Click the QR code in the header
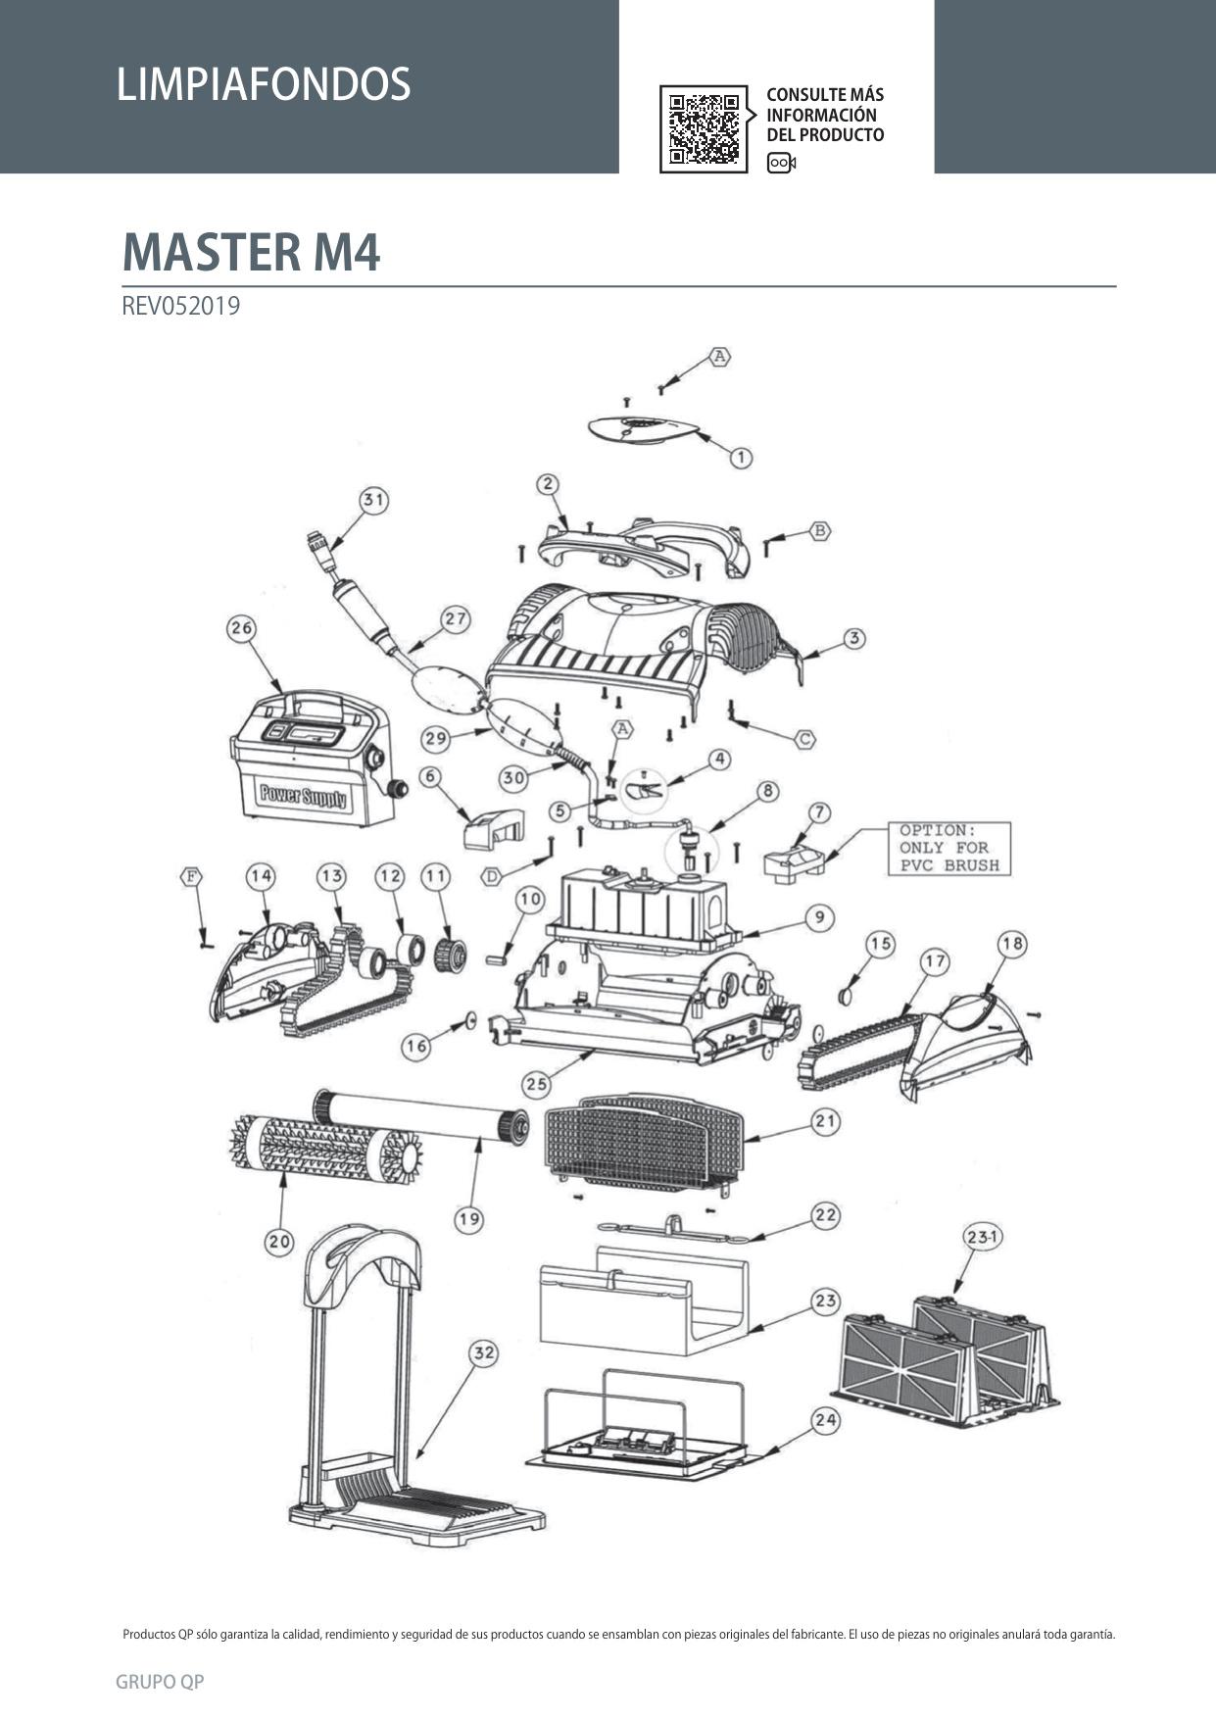704,128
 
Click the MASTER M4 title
251,252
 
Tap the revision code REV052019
180,306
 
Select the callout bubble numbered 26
241,628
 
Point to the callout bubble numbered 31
373,500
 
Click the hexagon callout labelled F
191,875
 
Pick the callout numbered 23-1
982,1237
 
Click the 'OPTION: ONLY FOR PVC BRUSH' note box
948,848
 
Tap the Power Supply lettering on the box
301,794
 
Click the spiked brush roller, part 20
319,1146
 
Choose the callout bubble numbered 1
741,457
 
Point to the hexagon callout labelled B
820,531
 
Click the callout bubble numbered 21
826,1121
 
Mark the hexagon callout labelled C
804,738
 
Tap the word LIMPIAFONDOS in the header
263,84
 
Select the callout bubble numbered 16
415,1047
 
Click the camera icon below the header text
781,163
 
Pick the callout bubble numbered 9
819,918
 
